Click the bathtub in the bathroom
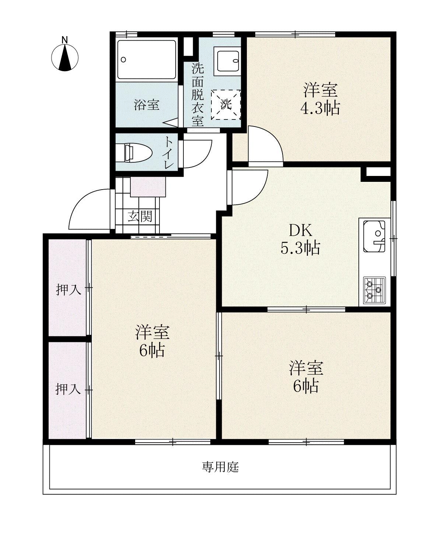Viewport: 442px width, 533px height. [x=146, y=59]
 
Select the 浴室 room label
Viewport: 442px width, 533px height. [x=147, y=105]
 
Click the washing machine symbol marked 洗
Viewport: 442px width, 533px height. [x=226, y=104]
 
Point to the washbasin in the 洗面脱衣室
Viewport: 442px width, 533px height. [x=228, y=61]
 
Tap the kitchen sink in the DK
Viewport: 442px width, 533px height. [x=374, y=236]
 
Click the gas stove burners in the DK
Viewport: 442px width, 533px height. [x=374, y=290]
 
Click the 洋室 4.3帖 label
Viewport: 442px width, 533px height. [x=320, y=99]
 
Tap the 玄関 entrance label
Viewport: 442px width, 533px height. [x=140, y=217]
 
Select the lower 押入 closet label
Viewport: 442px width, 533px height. [x=68, y=389]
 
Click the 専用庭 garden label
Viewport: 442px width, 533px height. [x=220, y=467]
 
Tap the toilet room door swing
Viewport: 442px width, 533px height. [x=197, y=153]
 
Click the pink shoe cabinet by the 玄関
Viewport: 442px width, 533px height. [x=148, y=187]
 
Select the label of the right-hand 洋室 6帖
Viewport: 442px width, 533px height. [x=306, y=376]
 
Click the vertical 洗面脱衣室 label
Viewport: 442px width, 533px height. [x=198, y=94]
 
